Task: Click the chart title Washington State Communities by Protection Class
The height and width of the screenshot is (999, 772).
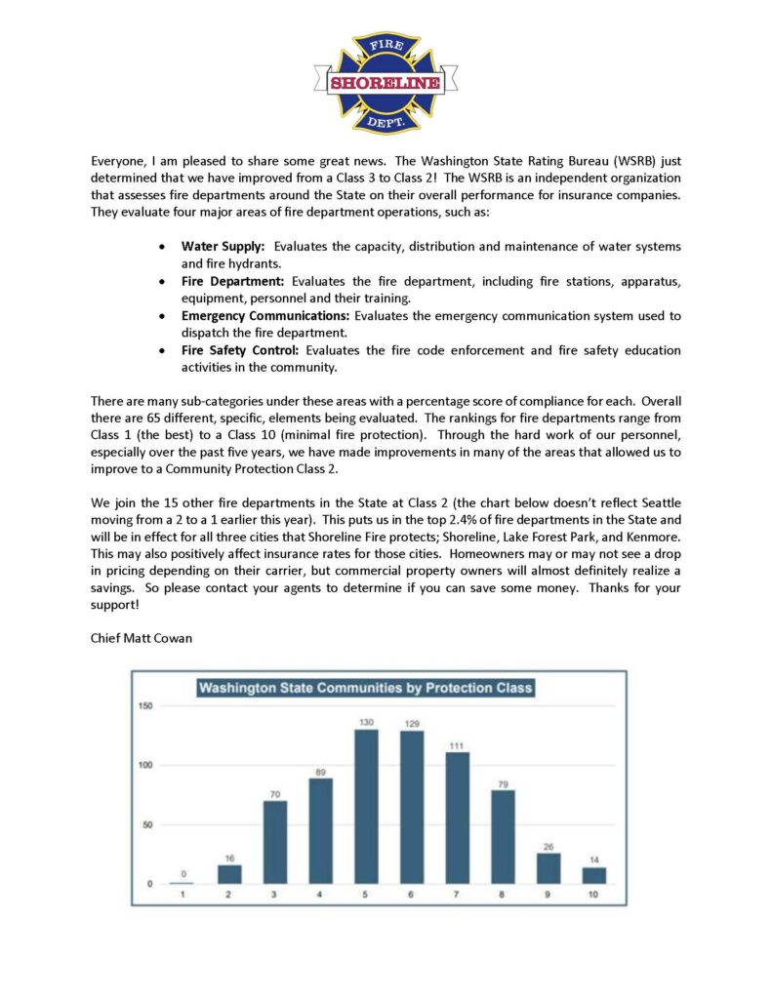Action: click(366, 688)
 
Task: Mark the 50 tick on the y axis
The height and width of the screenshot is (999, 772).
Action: click(146, 824)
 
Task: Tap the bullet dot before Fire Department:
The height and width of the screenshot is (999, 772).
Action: click(162, 281)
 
